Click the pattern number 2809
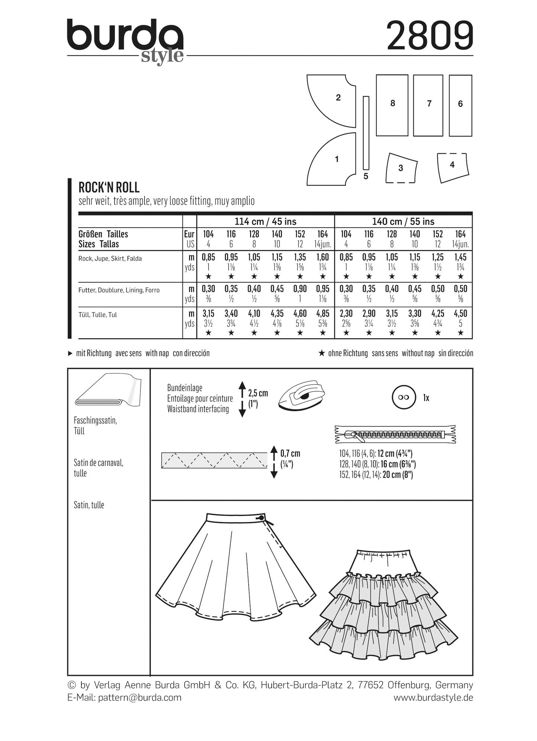(430, 36)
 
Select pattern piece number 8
(392, 105)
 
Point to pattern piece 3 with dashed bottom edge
(401, 168)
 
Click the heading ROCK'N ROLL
(109, 187)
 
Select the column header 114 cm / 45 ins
(265, 222)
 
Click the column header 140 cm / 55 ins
(403, 222)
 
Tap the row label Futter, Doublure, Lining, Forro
(119, 290)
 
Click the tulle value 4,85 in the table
(323, 313)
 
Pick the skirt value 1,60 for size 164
(323, 257)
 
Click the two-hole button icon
(404, 397)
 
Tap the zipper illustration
(395, 434)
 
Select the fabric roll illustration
(108, 392)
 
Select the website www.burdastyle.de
(433, 697)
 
